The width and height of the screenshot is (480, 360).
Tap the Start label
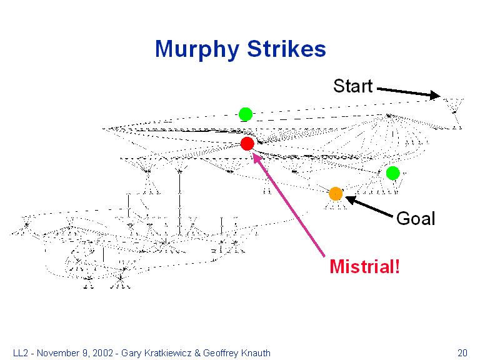click(x=352, y=86)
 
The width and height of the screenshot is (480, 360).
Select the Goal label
click(x=416, y=219)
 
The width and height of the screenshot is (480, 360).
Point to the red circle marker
click(x=247, y=144)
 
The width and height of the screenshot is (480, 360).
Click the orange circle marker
click(x=336, y=193)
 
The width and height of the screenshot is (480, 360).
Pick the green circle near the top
click(x=245, y=114)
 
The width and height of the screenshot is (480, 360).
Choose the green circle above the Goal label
click(x=392, y=173)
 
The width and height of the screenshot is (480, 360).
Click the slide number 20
click(x=462, y=352)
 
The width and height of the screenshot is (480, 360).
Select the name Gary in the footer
click(x=131, y=352)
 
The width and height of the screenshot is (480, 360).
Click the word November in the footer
click(x=58, y=352)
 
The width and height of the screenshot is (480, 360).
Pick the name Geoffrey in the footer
click(x=221, y=352)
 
